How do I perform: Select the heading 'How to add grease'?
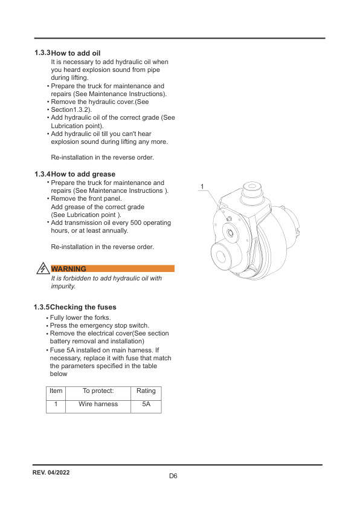83,174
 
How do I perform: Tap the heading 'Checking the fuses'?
83,307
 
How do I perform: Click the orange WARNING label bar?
113,268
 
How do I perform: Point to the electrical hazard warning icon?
43,268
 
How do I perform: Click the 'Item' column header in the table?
56,391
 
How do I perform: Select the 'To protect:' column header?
98,391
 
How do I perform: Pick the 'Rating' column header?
146,391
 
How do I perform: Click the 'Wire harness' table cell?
98,404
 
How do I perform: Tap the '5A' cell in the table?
146,404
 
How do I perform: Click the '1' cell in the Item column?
56,404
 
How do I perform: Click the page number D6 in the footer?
173,476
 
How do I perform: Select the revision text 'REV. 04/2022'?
51,472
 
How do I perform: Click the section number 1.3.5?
42,307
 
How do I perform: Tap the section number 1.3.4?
42,174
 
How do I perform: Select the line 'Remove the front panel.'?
86,198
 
